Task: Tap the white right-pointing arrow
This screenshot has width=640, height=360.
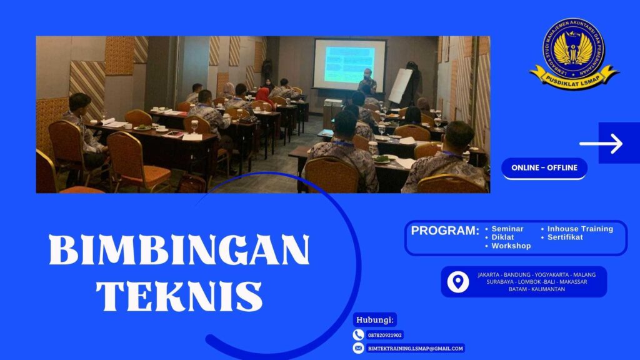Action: point(601,144)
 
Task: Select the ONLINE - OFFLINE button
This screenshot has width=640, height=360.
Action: point(544,167)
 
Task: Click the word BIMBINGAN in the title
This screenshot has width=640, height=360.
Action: point(179,251)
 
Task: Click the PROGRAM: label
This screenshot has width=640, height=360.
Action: point(445,231)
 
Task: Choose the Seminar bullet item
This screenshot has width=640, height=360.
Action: point(507,229)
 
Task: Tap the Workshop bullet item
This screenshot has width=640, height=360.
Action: point(510,246)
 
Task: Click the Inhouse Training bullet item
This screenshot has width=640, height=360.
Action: point(579,229)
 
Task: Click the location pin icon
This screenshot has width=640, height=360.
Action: point(458,281)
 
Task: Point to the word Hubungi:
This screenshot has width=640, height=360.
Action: point(375,319)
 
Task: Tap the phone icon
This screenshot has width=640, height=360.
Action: point(358,335)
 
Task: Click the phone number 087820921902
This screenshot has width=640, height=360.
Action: point(385,335)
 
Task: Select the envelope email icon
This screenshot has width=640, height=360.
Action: point(358,348)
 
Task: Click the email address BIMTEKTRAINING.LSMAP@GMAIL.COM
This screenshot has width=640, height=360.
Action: point(415,348)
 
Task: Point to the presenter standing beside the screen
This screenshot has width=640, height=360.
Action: point(367,84)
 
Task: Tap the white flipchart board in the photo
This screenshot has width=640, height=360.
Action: point(400,86)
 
